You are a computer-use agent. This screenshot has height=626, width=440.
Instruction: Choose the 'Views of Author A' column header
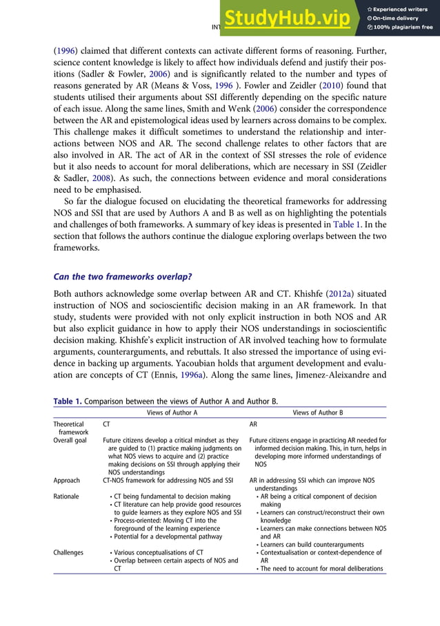(172, 413)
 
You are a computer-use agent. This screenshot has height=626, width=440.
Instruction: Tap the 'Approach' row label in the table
(67, 481)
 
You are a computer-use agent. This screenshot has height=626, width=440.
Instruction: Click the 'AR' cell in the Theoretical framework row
(254, 425)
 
